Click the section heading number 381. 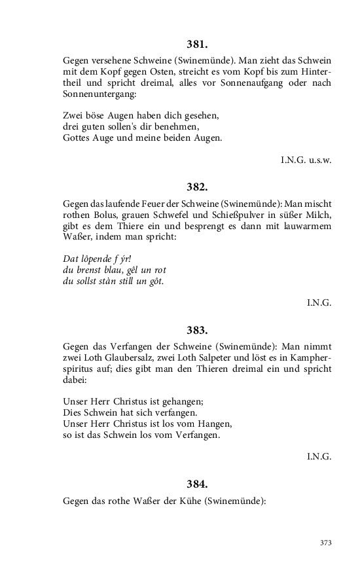[x=197, y=45]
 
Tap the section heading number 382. [x=197, y=187]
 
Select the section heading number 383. [x=197, y=330]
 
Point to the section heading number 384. [x=197, y=484]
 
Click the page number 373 [x=325, y=543]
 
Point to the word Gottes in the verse [x=78, y=139]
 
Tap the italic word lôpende [x=98, y=259]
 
